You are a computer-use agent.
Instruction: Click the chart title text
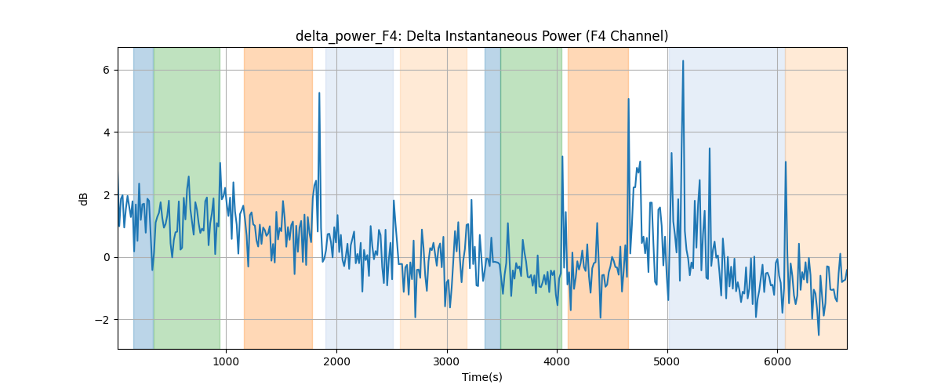(x=481, y=36)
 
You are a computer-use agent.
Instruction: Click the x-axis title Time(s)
(x=481, y=377)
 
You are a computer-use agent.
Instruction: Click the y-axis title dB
(x=83, y=198)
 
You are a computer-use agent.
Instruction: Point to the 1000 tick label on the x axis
(x=226, y=362)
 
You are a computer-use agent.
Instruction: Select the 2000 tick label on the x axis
(x=336, y=362)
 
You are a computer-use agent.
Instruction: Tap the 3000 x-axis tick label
(x=447, y=362)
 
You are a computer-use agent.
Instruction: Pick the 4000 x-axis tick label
(x=557, y=362)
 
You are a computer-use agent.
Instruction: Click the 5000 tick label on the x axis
(x=667, y=362)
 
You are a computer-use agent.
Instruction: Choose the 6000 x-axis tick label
(x=778, y=362)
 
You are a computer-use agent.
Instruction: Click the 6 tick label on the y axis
(x=106, y=70)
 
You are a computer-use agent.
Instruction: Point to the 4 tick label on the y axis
(x=106, y=132)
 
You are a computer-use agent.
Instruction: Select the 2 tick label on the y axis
(x=106, y=195)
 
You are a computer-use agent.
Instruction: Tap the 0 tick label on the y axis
(x=106, y=257)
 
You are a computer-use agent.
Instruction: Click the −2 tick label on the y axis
(x=102, y=320)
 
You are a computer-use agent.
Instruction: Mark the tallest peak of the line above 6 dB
(x=683, y=61)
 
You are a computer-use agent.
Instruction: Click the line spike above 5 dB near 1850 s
(x=319, y=93)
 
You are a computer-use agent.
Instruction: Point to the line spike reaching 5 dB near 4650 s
(x=628, y=99)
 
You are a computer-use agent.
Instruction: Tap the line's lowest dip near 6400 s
(x=819, y=335)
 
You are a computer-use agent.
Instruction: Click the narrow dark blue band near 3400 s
(x=492, y=198)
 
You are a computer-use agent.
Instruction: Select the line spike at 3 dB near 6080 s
(x=786, y=162)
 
